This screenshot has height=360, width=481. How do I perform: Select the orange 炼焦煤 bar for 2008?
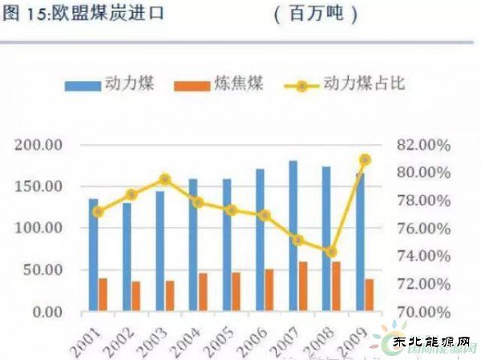pos(336,286)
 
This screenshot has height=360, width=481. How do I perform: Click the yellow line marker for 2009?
pos(365,160)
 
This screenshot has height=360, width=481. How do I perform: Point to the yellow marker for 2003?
pos(164,180)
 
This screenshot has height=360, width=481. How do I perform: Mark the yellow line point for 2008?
pos(331,252)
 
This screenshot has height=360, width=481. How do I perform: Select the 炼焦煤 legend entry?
pos(225,83)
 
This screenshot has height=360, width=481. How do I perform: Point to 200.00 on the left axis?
pos(39,145)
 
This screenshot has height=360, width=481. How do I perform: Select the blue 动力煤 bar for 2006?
pos(260,240)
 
